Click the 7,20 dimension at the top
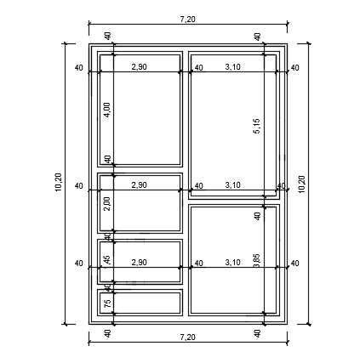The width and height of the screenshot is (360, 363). (x=187, y=18)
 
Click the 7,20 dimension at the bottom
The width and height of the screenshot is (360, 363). (x=187, y=337)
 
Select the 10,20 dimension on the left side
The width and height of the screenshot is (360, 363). (x=58, y=183)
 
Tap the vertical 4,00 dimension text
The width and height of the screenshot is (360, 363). (x=107, y=110)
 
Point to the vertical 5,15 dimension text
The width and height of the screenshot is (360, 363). (x=257, y=125)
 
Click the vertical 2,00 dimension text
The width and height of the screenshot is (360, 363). (x=107, y=203)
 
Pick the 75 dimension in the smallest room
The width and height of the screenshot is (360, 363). (x=107, y=303)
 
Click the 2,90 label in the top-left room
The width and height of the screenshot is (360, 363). (x=139, y=66)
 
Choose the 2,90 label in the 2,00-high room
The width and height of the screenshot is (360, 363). (x=139, y=184)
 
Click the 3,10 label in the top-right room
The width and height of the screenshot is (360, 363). (x=232, y=66)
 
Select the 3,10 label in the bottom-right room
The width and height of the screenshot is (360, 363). (x=232, y=263)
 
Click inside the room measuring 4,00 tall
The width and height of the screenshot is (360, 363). (x=149, y=119)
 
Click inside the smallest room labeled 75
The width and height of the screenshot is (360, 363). (x=149, y=303)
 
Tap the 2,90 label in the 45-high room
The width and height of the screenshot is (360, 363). (x=139, y=263)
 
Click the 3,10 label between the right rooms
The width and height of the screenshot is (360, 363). (x=232, y=184)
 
